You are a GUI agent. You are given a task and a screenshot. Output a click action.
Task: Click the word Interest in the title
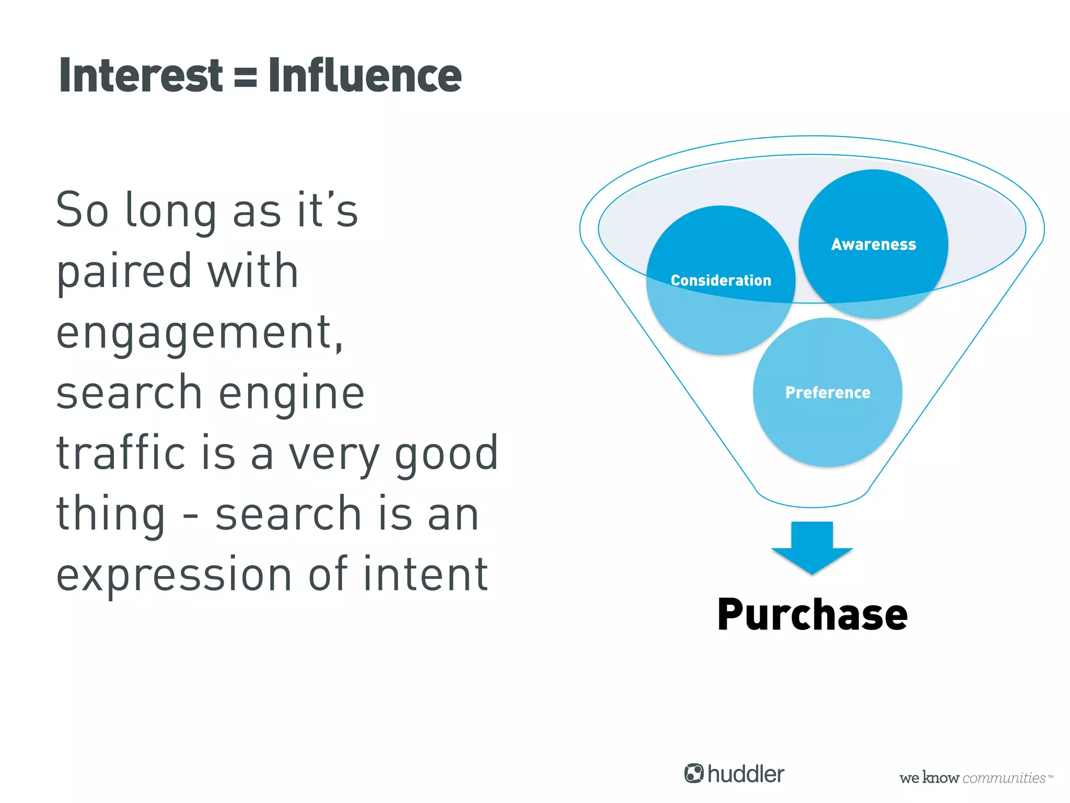141,76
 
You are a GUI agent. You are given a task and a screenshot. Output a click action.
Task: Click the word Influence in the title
365,76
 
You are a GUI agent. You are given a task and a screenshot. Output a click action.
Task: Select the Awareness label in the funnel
874,244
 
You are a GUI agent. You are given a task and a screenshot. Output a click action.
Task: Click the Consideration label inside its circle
720,280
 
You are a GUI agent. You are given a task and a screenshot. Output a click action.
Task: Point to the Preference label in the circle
828,393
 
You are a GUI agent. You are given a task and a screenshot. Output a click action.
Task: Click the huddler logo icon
694,774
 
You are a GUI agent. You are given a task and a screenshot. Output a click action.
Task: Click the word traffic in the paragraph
121,453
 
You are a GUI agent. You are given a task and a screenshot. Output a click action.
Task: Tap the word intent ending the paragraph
425,575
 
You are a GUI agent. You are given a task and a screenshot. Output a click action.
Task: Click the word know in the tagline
940,778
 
